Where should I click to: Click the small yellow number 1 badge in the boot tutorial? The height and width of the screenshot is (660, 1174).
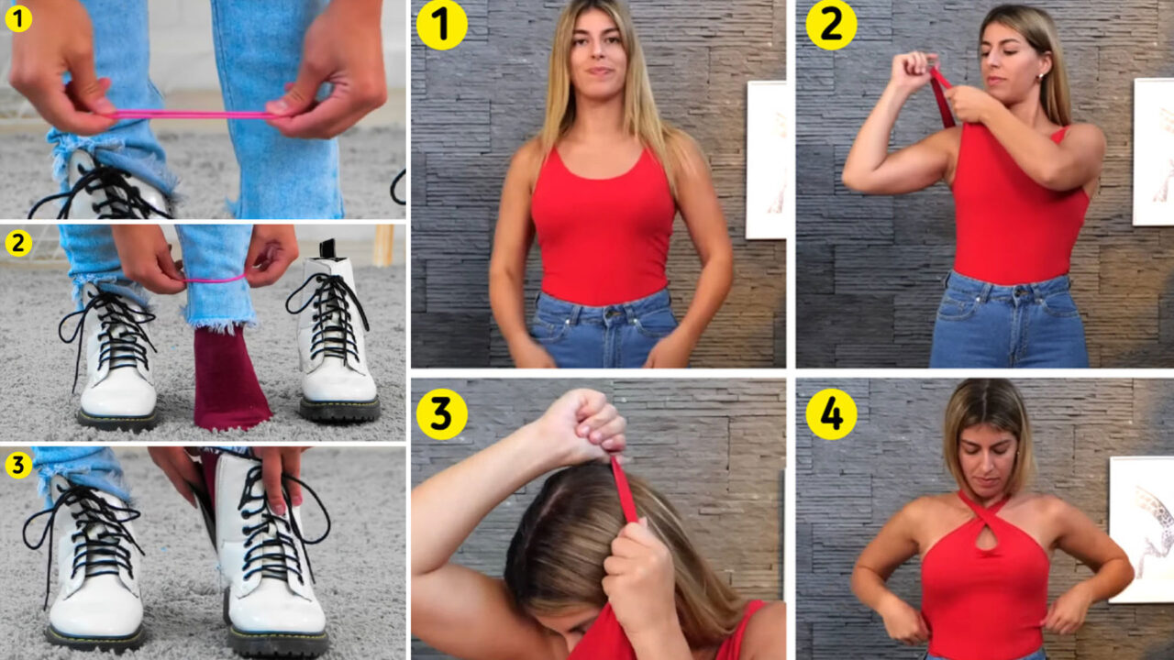pyautogui.click(x=18, y=19)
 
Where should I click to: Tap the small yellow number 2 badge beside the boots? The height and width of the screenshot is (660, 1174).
pyautogui.click(x=18, y=244)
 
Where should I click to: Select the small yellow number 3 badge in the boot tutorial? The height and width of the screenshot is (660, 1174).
pyautogui.click(x=18, y=465)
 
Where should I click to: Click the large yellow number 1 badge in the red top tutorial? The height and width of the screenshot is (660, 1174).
pyautogui.click(x=441, y=24)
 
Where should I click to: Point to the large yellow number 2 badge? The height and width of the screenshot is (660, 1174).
pyautogui.click(x=831, y=24)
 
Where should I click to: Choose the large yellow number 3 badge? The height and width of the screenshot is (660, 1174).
pyautogui.click(x=441, y=413)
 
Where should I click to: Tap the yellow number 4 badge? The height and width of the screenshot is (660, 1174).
pyautogui.click(x=831, y=413)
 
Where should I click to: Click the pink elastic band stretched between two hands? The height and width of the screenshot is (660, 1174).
pyautogui.click(x=194, y=115)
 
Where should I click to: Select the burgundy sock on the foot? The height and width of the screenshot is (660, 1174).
pyautogui.click(x=229, y=379)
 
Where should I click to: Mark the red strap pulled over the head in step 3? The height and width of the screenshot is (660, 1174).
pyautogui.click(x=624, y=489)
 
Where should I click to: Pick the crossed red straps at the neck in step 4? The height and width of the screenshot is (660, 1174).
pyautogui.click(x=984, y=511)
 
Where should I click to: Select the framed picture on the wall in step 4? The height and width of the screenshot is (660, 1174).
pyautogui.click(x=1142, y=529)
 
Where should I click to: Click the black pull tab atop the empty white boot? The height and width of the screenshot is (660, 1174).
pyautogui.click(x=328, y=248)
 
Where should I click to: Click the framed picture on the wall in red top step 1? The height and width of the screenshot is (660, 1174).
pyautogui.click(x=766, y=159)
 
